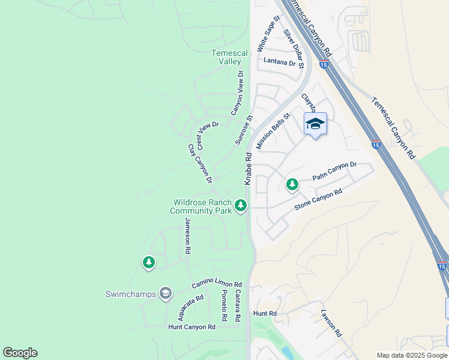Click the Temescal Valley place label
(226, 57)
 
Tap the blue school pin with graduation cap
(315, 124)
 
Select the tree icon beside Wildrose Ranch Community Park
(241, 206)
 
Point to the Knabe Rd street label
(247, 168)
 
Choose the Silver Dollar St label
(294, 48)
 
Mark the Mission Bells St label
(273, 131)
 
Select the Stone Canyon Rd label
(318, 199)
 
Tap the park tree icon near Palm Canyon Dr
(292, 185)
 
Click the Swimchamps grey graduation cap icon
(165, 293)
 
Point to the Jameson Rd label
(188, 235)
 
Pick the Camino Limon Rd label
(216, 284)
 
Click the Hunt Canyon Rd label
(191, 327)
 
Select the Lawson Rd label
(331, 323)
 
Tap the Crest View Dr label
(208, 136)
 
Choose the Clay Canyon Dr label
(200, 164)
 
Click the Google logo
(20, 353)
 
